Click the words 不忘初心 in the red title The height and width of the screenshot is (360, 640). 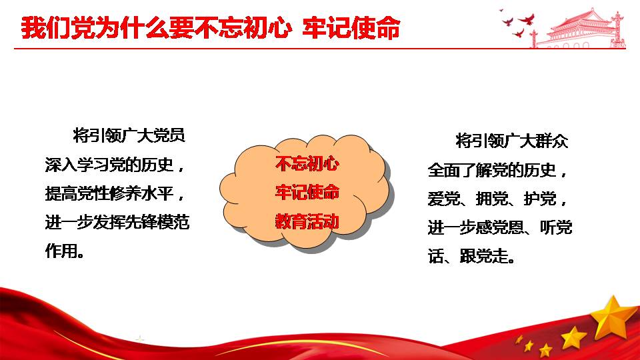[243, 28]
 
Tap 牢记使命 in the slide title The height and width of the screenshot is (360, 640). [351, 28]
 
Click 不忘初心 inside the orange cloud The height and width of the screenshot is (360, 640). [307, 163]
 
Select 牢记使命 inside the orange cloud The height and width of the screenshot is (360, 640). [307, 192]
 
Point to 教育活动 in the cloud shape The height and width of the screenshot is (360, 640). [307, 221]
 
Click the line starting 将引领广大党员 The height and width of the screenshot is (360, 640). [129, 135]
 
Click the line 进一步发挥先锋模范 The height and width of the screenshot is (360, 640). [117, 222]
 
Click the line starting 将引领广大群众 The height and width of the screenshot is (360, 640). [512, 141]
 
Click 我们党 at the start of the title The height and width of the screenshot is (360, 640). [46, 28]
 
